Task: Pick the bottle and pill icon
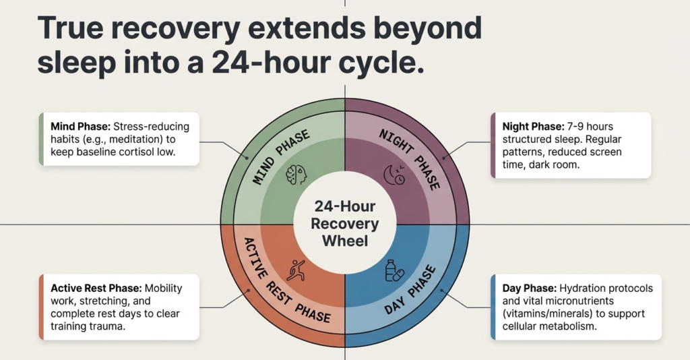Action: point(394,270)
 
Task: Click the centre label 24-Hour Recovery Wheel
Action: point(345,222)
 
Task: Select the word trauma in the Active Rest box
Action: point(108,326)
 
